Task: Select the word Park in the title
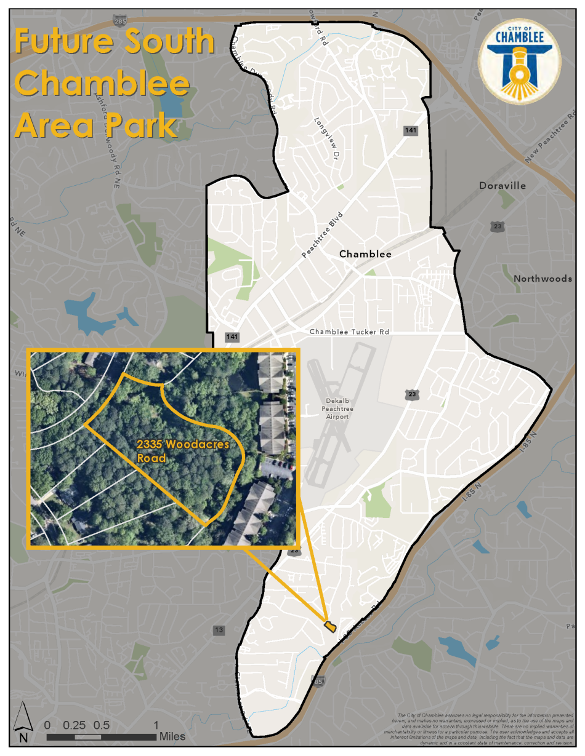click(145, 125)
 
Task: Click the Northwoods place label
click(543, 279)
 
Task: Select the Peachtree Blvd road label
click(322, 235)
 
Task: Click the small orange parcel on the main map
click(330, 626)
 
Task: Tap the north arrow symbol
click(23, 722)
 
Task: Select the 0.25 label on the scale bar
click(75, 725)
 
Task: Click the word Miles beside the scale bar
click(172, 736)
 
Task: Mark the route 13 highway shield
click(219, 630)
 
